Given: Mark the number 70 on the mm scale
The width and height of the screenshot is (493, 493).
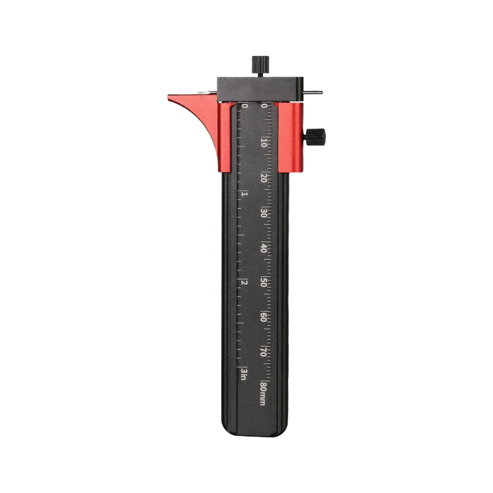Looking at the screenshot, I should click(264, 354).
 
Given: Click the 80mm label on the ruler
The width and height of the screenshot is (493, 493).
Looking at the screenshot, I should click(263, 394).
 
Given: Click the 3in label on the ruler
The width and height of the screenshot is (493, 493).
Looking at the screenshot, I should click(244, 374).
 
